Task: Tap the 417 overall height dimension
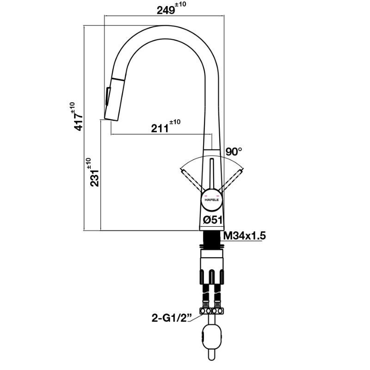tap(78, 121)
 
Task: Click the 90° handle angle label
tap(234, 151)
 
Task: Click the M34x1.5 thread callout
tap(245, 236)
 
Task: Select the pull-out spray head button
tap(108, 97)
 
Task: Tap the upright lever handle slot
tap(211, 173)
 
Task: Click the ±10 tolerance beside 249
tap(182, 4)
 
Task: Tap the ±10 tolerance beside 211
tap(175, 122)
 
